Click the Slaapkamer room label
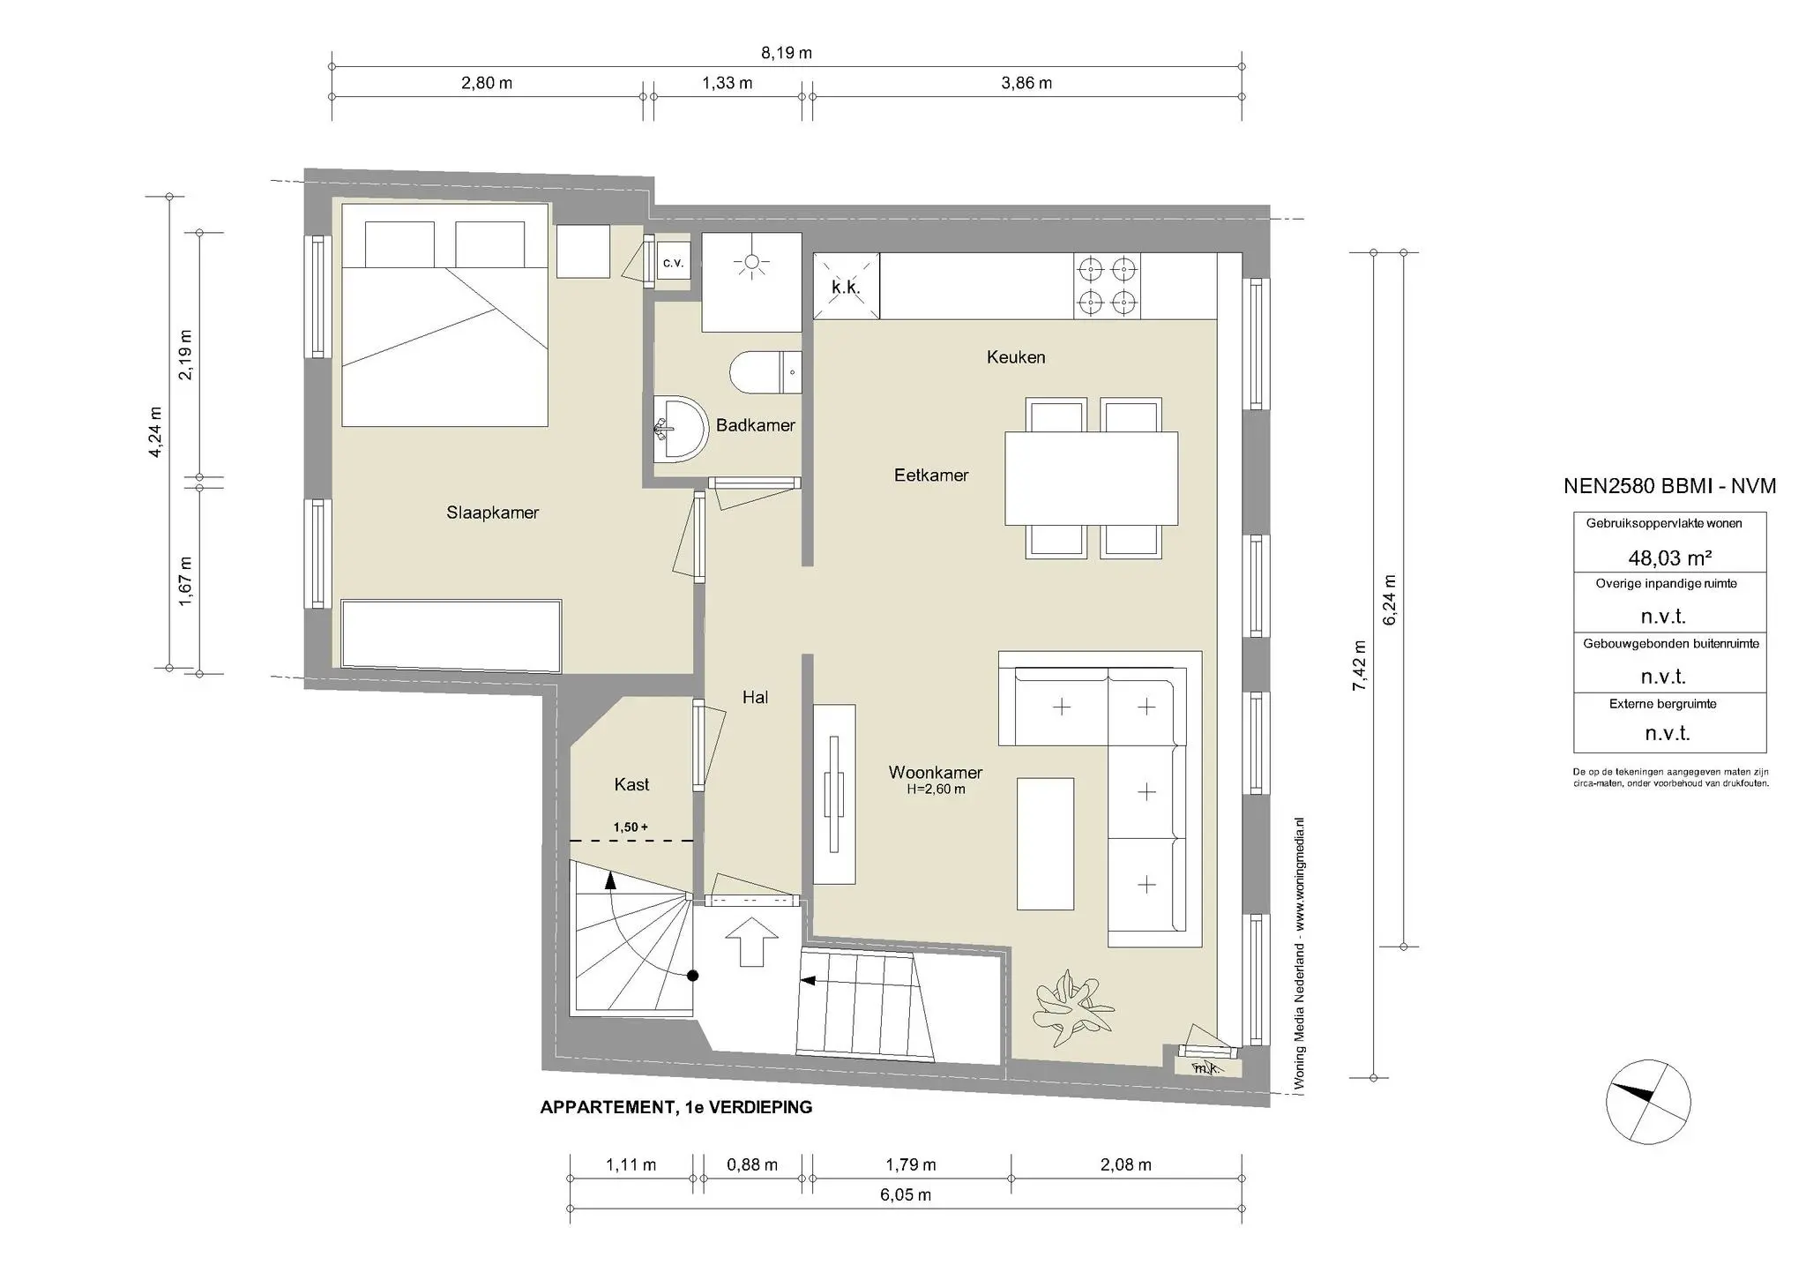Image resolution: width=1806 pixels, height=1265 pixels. [492, 513]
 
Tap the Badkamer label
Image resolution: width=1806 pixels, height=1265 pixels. [755, 425]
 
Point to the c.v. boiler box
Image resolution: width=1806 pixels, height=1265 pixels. [673, 263]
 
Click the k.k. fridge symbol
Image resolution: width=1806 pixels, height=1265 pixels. [846, 287]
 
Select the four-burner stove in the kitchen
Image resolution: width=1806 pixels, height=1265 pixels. [1107, 286]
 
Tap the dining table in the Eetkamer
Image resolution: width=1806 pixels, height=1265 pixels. [1092, 478]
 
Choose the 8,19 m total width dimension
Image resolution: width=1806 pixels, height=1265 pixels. [787, 53]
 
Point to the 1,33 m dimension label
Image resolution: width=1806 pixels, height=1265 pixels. [727, 84]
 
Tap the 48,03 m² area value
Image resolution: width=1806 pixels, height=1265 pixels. [1669, 558]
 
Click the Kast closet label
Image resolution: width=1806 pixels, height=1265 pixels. [631, 784]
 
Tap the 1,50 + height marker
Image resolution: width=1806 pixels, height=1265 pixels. [631, 827]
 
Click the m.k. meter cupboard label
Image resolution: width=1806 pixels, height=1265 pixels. [1206, 1068]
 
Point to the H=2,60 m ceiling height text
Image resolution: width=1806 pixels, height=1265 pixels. [936, 790]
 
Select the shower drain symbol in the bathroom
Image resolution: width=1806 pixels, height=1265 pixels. [751, 263]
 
